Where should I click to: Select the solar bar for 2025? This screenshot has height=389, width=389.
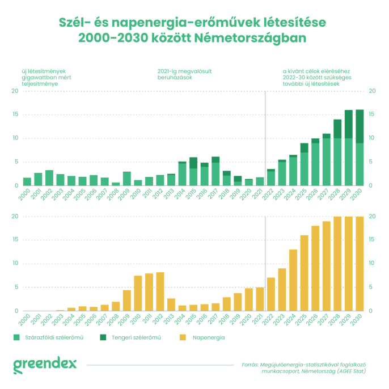pos(304,273)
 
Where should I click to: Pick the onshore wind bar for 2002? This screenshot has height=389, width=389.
pos(49,178)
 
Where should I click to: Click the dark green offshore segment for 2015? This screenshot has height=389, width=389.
pos(193,163)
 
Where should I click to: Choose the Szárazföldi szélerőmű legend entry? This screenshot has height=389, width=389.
pos(48,337)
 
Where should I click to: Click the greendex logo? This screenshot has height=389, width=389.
pos(45,363)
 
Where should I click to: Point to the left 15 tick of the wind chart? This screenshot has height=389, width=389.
pos(15,115)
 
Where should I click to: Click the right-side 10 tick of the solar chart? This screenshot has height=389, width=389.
pos(372,264)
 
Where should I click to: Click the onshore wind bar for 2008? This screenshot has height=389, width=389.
pos(116,184)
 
